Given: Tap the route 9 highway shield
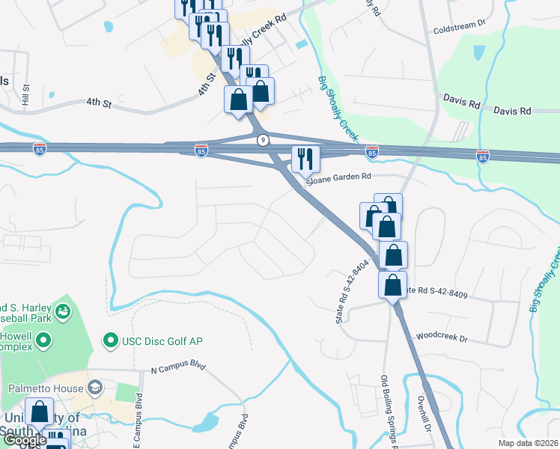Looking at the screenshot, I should tap(263, 140).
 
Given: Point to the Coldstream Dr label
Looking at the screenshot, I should tap(460, 31).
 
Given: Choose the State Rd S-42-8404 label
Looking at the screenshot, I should tap(344, 292).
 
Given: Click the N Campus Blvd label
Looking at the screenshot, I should tap(177, 369).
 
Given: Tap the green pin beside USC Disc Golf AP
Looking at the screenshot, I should tap(112, 342).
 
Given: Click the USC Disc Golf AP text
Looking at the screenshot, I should tap(163, 342).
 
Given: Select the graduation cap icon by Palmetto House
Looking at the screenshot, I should tap(95, 388).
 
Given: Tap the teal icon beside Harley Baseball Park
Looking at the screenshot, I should tap(64, 310).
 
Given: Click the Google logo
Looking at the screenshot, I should tap(24, 441).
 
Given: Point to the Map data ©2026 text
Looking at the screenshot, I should tap(528, 442).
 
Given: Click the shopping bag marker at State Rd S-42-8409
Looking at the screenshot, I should tap(392, 286).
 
